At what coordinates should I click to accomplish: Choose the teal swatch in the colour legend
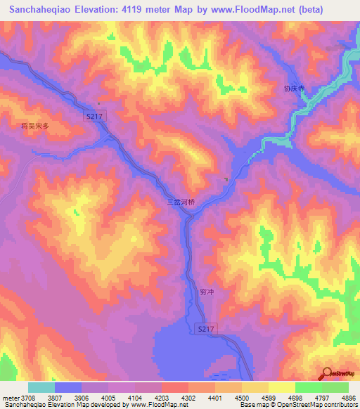pos(41,387)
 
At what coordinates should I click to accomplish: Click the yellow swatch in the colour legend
pos(282,387)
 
